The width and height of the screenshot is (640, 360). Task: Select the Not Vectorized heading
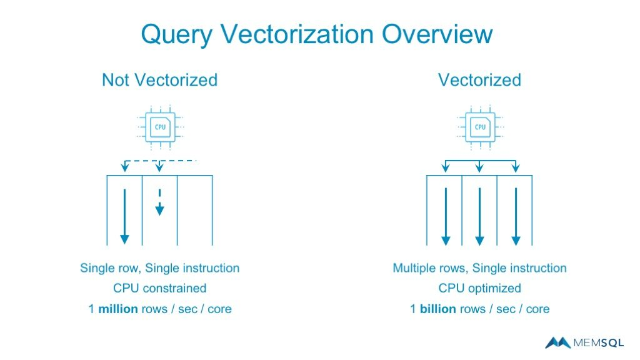[x=159, y=80]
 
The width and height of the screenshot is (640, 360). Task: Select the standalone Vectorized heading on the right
[x=479, y=80]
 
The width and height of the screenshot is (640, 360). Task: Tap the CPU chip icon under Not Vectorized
[x=160, y=127]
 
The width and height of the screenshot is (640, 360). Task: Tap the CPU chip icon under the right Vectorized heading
[x=480, y=127]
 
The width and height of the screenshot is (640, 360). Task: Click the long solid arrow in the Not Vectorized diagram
[x=124, y=216]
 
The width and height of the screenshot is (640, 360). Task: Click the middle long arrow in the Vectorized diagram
[x=479, y=216]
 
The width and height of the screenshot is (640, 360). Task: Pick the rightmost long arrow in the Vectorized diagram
[x=515, y=216]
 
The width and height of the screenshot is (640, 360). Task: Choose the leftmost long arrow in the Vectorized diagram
[x=445, y=216]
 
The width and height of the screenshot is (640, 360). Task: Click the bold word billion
[x=437, y=309]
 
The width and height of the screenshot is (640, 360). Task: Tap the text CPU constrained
[x=159, y=288]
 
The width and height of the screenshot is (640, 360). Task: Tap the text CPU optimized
[x=479, y=288]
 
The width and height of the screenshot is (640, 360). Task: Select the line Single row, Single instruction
[x=159, y=268]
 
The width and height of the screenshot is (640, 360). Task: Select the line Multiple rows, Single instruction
[x=479, y=268]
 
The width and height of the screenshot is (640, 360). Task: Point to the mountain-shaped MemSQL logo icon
[x=557, y=342]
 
